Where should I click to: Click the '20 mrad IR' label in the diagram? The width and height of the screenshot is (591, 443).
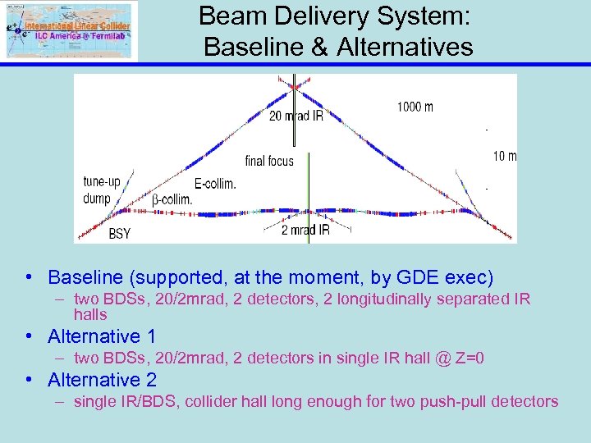pos(295,116)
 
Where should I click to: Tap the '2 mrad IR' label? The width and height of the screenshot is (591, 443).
pos(305,231)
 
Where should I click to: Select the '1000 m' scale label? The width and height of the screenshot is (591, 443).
pos(415,107)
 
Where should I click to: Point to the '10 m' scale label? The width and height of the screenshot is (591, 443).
pos(505,156)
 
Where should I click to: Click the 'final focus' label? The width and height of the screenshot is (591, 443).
pos(268,161)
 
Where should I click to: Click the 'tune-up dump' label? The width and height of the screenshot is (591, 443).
pos(103,190)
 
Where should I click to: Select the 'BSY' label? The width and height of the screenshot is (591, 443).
pos(119,234)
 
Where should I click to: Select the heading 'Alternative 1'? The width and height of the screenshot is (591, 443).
pos(101,336)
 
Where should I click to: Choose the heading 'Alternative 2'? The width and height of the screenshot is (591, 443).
pos(101,380)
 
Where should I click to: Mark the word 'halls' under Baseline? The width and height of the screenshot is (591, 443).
pos(90,314)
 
